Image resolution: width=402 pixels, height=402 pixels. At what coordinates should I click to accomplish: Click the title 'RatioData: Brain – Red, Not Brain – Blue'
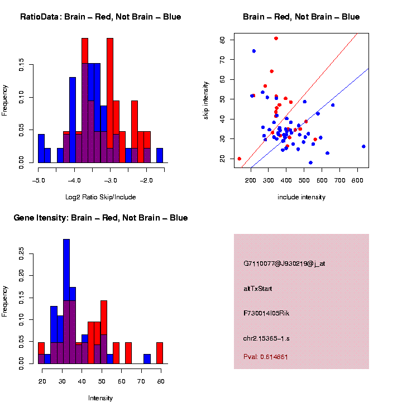100,17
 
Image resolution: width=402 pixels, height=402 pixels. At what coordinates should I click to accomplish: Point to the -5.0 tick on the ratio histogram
39,180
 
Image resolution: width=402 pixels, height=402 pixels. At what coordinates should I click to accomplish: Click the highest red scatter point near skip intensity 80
276,39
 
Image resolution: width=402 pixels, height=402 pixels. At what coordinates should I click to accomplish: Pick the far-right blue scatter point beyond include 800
363,146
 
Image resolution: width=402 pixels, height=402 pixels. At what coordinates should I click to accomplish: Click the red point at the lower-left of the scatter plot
240,159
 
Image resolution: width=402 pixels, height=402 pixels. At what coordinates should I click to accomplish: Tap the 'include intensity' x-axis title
301,197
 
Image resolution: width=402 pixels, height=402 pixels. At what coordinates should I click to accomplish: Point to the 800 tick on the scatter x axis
357,180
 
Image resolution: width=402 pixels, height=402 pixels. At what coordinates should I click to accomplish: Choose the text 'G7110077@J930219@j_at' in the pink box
284,264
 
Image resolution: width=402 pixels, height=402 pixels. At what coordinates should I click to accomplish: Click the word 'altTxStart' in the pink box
257,289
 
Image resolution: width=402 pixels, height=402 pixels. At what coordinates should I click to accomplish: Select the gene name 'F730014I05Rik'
266,313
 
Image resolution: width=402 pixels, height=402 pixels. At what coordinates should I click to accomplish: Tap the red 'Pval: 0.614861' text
266,356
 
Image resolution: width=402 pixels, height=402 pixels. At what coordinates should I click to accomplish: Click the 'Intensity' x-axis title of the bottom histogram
100,398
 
